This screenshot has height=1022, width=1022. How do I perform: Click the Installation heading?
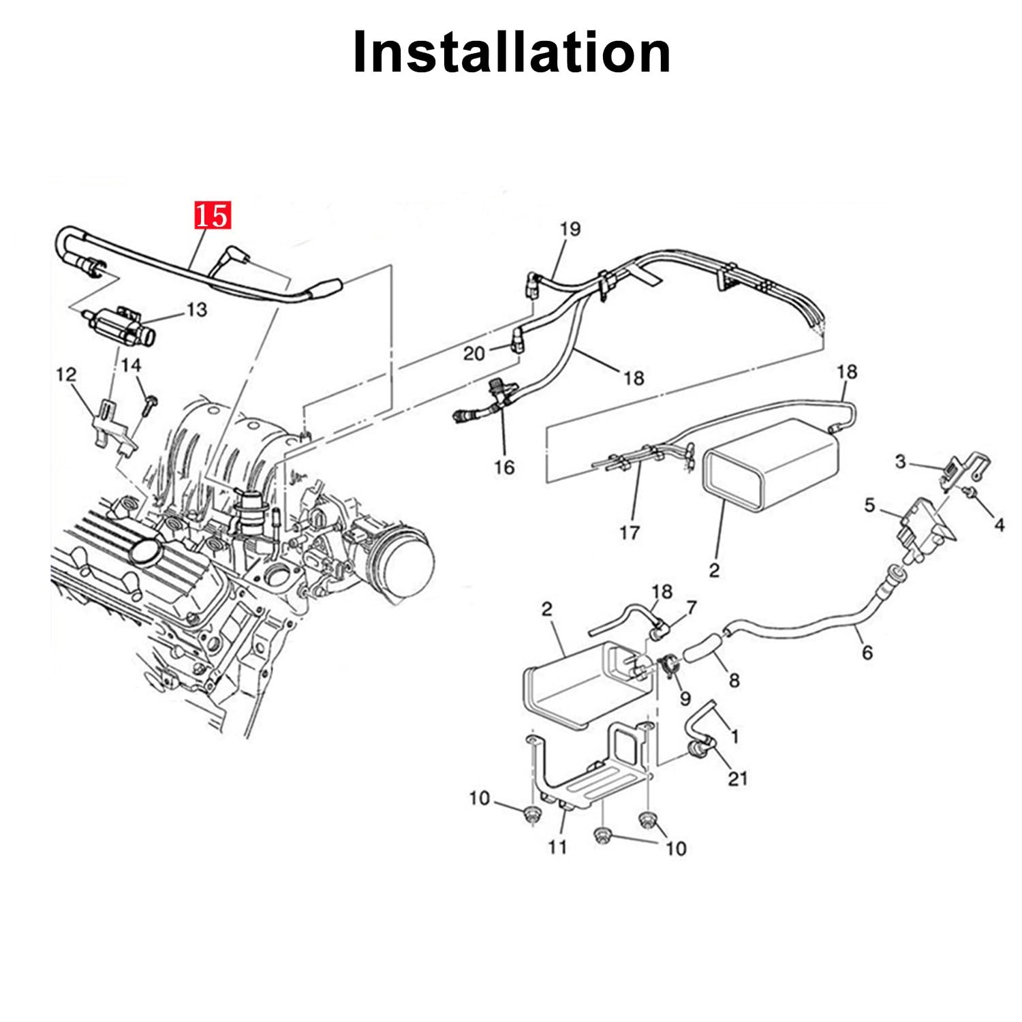512,52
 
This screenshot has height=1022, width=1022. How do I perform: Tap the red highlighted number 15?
213,216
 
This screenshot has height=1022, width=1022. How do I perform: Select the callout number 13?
196,310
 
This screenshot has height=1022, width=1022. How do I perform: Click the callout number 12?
66,375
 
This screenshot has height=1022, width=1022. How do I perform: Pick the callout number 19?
570,229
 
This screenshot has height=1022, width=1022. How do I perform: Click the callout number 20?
474,354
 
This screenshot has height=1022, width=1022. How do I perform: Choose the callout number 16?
504,467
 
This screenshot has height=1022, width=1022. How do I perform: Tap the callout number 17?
629,532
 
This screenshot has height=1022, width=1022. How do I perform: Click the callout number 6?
867,653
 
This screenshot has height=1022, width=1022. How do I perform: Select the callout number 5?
869,506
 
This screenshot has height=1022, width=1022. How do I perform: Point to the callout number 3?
901,462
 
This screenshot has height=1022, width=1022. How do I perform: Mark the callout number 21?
738,778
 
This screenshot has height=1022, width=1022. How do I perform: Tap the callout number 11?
557,847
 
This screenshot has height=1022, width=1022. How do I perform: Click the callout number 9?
685,698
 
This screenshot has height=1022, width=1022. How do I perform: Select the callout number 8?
734,680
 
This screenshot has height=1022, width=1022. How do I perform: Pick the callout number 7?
692,606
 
